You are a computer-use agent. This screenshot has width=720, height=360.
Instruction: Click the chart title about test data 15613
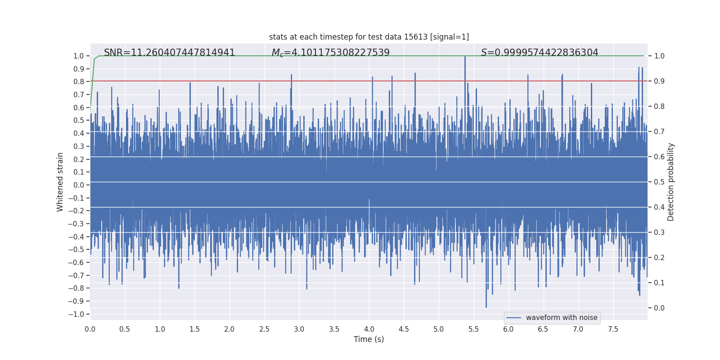point(369,37)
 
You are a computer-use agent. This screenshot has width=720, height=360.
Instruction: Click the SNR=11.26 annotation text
point(169,53)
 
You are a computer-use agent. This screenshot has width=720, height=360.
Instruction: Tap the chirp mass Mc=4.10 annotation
point(330,53)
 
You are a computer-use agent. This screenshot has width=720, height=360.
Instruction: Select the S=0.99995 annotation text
point(540,53)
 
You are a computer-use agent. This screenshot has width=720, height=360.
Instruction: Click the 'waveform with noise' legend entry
point(561,318)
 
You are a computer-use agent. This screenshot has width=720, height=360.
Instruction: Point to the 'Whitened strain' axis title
point(60,182)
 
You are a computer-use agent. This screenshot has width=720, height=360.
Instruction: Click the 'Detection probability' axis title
point(670,182)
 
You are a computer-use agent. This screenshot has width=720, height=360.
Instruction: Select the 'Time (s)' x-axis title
point(369,339)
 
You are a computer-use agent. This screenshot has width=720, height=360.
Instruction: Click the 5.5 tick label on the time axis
point(473,329)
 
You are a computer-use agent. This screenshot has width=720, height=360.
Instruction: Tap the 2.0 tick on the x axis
point(229,329)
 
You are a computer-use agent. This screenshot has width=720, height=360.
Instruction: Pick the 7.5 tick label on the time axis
point(613,329)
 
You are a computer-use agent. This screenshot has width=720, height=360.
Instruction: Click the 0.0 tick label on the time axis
point(90,329)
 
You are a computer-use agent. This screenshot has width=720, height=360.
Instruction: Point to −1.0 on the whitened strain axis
point(76,314)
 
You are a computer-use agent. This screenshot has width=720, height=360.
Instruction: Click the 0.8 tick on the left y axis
point(79,81)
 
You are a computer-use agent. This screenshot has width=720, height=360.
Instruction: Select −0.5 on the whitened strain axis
point(76,249)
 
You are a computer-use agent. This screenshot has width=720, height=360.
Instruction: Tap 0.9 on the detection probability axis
point(659,81)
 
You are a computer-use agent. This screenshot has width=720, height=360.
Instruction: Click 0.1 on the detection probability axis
point(659,283)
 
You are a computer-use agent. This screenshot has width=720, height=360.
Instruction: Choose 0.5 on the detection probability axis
point(659,182)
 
